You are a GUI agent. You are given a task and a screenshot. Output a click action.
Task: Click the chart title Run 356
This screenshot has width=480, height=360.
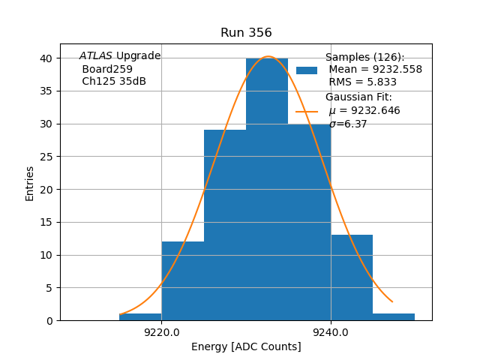click(246, 33)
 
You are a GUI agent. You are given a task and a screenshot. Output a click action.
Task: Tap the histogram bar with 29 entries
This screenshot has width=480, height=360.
click(225, 225)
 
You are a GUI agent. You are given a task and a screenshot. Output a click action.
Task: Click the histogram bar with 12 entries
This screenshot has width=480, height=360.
click(182, 280)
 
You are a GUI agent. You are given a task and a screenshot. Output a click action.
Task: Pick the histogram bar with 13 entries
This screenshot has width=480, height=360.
click(352, 277)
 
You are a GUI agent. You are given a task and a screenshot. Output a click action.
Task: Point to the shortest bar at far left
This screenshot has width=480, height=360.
click(140, 317)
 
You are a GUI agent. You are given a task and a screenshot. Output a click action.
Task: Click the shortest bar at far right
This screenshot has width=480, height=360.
click(394, 317)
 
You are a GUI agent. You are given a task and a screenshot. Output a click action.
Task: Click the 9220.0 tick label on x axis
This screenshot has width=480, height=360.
click(161, 333)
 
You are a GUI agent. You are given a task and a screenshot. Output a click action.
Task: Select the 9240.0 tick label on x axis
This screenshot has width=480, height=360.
click(331, 333)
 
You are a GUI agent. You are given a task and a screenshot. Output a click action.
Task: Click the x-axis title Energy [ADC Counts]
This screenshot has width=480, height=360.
click(246, 346)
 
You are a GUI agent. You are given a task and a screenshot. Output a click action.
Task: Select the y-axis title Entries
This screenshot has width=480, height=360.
click(30, 183)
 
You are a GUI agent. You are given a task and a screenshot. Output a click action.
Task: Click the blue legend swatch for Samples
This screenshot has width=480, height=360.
click(307, 70)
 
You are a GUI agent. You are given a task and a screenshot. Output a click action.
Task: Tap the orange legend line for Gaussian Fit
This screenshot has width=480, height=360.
click(307, 111)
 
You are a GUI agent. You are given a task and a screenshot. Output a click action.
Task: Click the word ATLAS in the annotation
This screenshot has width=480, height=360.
click(96, 56)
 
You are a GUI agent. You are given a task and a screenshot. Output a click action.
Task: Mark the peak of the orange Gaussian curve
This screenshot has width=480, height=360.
click(268, 56)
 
